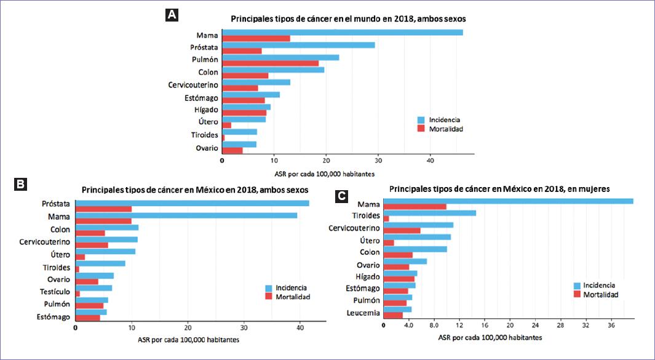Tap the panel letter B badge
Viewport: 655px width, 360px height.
20,183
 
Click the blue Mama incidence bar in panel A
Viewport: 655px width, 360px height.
342,32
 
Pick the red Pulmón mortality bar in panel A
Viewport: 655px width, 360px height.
270,63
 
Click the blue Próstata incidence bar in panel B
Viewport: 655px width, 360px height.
192,203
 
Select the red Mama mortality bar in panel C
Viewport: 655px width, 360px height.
415,207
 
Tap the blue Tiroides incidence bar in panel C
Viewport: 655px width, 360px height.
429,213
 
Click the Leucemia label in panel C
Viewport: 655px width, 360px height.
362,313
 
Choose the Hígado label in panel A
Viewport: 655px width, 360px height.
205,109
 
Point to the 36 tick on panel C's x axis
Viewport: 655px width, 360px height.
611,326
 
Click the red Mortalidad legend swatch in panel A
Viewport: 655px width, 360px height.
421,129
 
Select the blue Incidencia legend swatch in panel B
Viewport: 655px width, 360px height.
269,287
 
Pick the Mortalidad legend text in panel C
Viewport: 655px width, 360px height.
600,295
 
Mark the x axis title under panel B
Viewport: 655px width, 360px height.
185,339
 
